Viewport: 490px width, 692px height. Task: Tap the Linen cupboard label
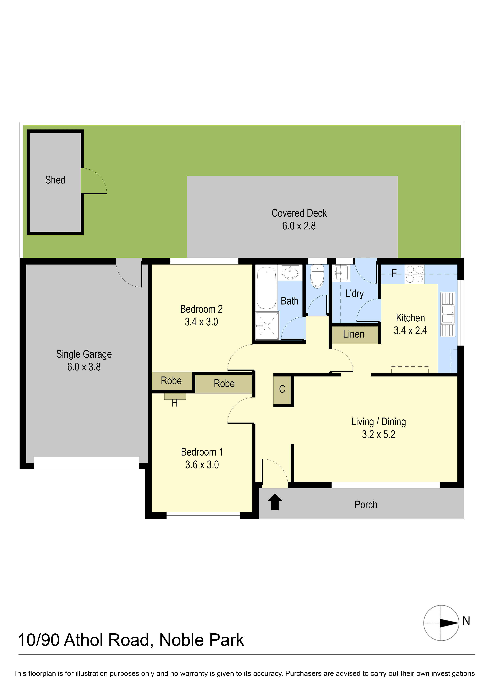pyautogui.click(x=354, y=334)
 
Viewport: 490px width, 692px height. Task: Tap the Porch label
pyautogui.click(x=366, y=505)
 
